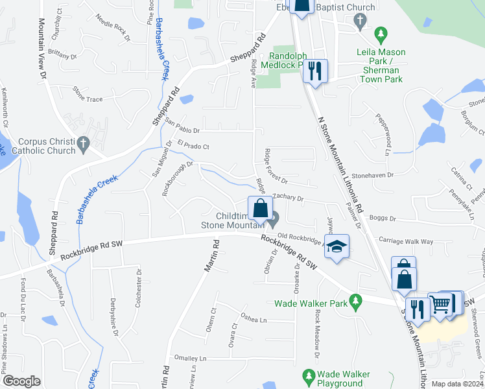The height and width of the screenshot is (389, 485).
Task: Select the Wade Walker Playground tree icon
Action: (x=309, y=375)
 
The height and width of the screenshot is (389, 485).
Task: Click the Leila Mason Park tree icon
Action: (x=382, y=32)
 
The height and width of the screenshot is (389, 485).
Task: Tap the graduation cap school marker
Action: (x=336, y=246)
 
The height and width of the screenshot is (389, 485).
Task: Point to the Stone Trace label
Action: (x=88, y=100)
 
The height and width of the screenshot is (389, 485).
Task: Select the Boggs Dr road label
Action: (x=382, y=218)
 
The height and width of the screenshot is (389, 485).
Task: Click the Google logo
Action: (x=21, y=381)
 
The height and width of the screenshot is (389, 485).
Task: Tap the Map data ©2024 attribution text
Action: (x=457, y=384)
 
